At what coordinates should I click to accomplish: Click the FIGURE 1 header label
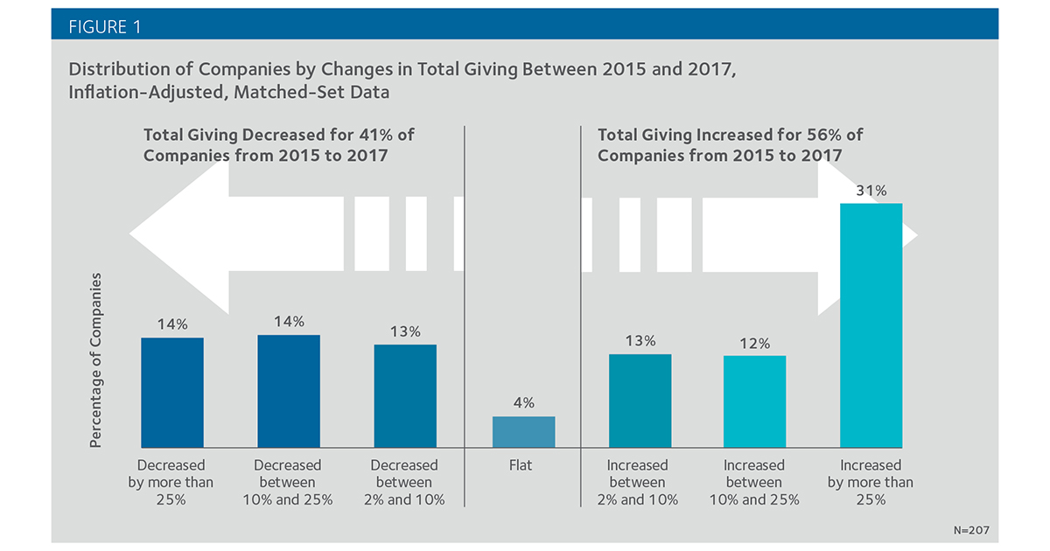pos(104,27)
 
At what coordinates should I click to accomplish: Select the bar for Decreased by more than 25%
pos(172,393)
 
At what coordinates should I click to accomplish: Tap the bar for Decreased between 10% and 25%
pos(289,391)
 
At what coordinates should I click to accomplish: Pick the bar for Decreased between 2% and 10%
pos(405,396)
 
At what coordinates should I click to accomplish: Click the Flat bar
pos(523,432)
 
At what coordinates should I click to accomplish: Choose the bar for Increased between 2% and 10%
pos(640,401)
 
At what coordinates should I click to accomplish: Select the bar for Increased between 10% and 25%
pos(754,402)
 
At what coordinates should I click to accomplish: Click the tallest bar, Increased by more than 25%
pos(871,325)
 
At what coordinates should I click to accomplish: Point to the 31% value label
pos(871,191)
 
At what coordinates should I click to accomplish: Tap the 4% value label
pos(523,402)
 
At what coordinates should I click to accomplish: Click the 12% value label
pos(754,344)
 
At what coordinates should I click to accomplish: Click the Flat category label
pos(521,465)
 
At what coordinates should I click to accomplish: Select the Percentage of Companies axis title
pos(95,360)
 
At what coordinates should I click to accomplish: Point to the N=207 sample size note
pos(972,530)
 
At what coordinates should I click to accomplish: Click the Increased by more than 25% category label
pos(871,482)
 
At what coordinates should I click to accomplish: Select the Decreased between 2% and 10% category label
pos(404,482)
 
